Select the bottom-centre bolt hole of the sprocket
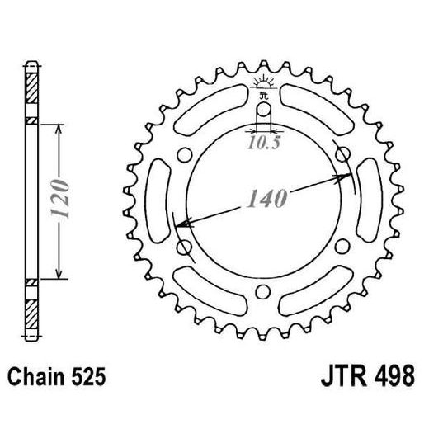pos(263,290)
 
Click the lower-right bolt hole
pos(341,248)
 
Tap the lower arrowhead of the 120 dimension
pos(59,275)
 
